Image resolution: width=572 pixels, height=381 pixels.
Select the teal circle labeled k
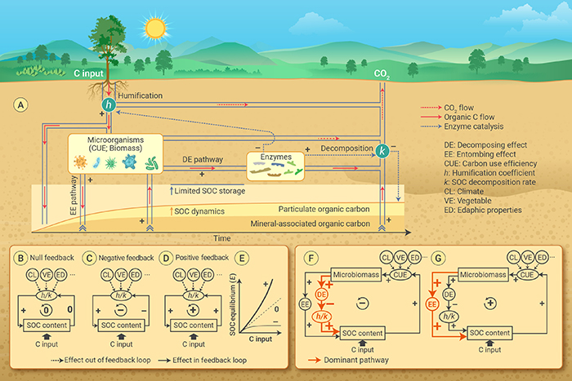tap(381, 150)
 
